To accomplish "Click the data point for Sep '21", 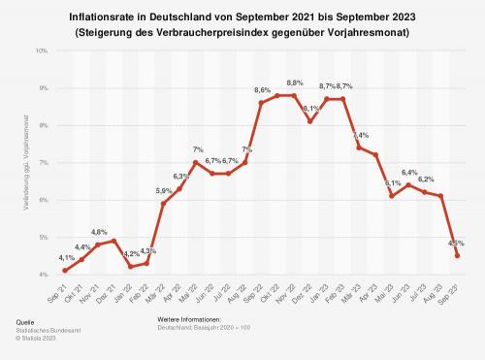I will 65,271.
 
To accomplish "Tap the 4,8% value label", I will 98,232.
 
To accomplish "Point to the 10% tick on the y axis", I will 42,49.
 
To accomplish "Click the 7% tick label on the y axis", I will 44,162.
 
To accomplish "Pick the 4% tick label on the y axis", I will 44,275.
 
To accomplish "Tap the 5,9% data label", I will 163,191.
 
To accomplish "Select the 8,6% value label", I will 262,90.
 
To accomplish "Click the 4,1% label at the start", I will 65,258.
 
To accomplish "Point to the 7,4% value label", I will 360,135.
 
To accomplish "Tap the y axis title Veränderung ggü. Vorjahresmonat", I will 17,161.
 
